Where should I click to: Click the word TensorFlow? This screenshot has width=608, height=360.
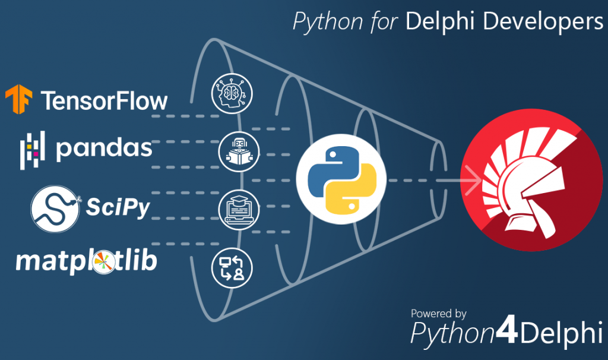(x=104, y=100)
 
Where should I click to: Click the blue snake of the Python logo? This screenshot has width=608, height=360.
(x=331, y=166)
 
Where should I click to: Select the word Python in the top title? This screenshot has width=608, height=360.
(x=327, y=22)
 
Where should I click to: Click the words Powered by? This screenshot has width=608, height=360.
(x=438, y=313)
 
